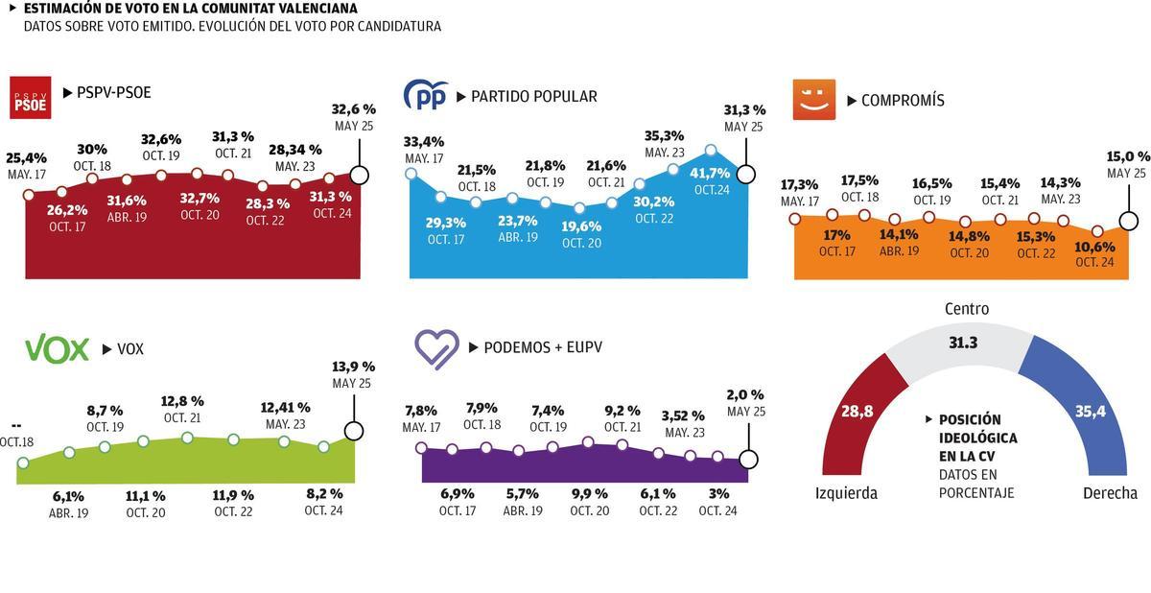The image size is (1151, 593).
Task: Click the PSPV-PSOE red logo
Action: click(30, 97)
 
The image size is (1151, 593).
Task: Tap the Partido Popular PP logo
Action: click(425, 96)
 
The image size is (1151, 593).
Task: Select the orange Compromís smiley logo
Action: click(814, 100)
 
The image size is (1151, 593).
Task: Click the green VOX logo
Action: click(56, 349)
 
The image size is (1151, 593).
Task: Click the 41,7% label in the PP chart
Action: click(711, 173)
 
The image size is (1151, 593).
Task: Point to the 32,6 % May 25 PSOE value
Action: click(353, 109)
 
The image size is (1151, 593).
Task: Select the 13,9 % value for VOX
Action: click(353, 367)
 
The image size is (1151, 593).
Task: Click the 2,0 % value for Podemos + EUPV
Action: click(745, 394)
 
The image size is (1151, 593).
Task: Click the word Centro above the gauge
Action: click(966, 309)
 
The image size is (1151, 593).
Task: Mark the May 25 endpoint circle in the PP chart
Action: click(744, 175)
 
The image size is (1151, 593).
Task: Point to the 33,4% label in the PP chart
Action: click(423, 142)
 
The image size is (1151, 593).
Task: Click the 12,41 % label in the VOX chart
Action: click(285, 407)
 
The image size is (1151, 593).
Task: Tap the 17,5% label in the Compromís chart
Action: click(860, 180)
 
